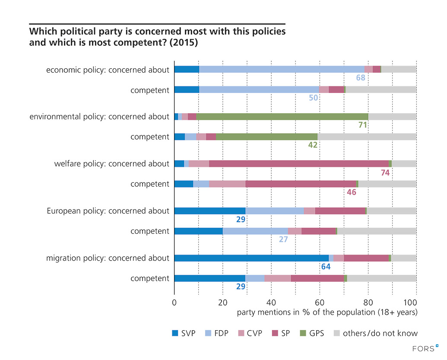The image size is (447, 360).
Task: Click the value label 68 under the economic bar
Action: pyautogui.click(x=361, y=78)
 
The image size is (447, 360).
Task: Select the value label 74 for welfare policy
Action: pyautogui.click(x=386, y=172)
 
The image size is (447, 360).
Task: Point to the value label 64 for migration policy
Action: pyautogui.click(x=326, y=267)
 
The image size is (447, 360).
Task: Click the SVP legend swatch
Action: pyautogui.click(x=175, y=333)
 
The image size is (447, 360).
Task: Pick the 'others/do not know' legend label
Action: pyautogui.click(x=380, y=333)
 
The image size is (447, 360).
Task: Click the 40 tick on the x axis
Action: pyautogui.click(x=271, y=303)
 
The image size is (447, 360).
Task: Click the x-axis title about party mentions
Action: pyautogui.click(x=327, y=312)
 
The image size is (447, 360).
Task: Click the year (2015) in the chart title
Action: pyautogui.click(x=184, y=43)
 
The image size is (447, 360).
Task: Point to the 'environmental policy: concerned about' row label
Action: pyautogui.click(x=99, y=117)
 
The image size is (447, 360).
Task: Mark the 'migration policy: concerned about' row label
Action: pyautogui.click(x=108, y=258)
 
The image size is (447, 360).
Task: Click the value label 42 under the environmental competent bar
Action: pyautogui.click(x=313, y=145)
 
